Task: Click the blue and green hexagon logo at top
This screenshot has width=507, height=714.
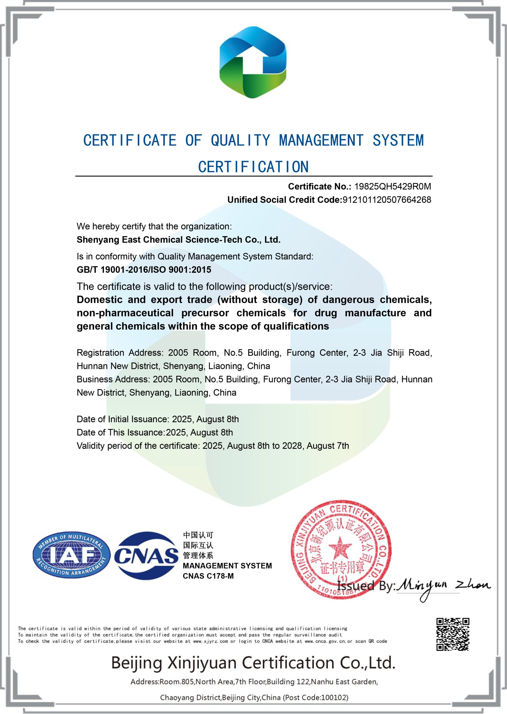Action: click(x=253, y=62)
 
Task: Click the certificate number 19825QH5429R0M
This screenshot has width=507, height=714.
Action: click(x=392, y=186)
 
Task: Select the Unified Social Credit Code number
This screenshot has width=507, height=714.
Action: click(x=387, y=200)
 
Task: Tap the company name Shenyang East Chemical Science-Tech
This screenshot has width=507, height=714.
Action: click(x=178, y=240)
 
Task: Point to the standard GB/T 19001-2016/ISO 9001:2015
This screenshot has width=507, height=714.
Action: click(x=144, y=270)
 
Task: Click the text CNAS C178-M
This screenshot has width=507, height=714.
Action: click(x=208, y=576)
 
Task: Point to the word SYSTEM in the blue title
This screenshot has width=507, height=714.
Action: click(x=398, y=140)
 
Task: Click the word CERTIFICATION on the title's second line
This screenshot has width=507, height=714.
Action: click(x=253, y=167)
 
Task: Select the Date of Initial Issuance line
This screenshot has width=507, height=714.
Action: click(x=158, y=419)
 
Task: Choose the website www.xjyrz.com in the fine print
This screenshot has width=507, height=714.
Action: click(x=211, y=641)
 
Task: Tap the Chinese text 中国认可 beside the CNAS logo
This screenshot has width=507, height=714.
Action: click(x=198, y=535)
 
